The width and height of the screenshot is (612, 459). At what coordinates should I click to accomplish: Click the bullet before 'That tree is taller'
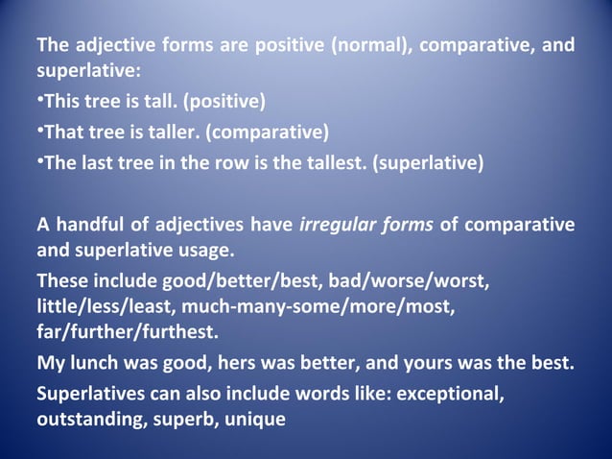tap(39, 131)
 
